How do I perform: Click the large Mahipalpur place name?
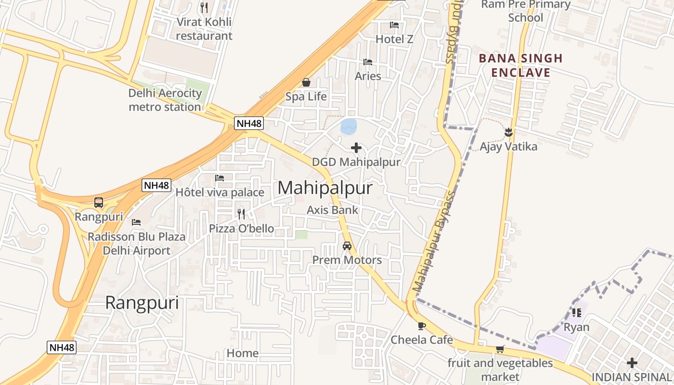325,188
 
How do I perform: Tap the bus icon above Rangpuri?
99,203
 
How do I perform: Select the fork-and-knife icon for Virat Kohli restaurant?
204,8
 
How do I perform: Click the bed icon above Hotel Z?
394,25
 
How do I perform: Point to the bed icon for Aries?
368,62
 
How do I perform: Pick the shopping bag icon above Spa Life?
306,83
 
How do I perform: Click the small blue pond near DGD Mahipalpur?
349,127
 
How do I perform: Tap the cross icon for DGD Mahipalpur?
356,148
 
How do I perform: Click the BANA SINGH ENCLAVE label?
514,65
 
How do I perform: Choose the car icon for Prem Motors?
347,246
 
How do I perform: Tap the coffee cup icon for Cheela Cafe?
422,326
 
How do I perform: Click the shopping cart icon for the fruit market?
500,349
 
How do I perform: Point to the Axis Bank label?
333,210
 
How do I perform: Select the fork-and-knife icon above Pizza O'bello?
241,214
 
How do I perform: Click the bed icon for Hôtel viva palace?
220,178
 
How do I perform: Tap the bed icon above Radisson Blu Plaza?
136,222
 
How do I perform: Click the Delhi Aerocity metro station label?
165,100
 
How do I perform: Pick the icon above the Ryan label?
576,313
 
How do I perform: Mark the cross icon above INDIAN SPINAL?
632,362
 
